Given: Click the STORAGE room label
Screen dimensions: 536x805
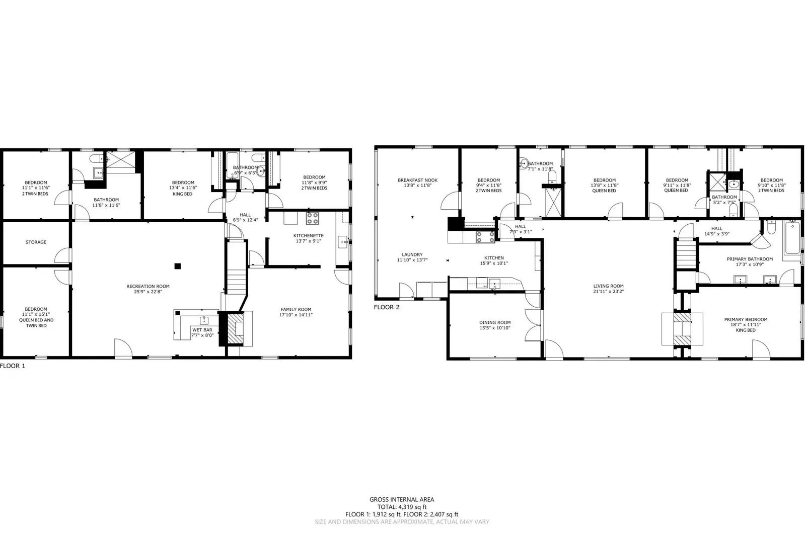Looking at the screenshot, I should (36, 242).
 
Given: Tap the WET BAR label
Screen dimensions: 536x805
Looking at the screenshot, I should (202, 330).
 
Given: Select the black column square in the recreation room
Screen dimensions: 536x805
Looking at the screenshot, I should (178, 266).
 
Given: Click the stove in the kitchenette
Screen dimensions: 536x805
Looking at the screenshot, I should (312, 218).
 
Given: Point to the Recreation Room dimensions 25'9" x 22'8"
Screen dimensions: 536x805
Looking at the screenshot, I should (148, 292).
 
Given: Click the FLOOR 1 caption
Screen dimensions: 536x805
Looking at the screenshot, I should (13, 366).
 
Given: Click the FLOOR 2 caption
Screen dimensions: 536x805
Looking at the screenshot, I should (387, 307).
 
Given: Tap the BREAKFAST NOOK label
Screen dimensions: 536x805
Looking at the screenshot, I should (417, 180).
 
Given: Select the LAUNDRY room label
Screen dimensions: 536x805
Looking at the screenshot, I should (412, 254).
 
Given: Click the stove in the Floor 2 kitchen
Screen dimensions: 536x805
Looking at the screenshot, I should (485, 237).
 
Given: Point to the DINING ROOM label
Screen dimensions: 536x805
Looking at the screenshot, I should (495, 323).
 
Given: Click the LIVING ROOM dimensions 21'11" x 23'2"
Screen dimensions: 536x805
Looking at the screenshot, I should (608, 292).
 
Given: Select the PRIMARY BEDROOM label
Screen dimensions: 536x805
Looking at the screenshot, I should (746, 320).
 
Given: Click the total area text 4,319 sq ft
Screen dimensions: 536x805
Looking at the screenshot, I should (412, 507).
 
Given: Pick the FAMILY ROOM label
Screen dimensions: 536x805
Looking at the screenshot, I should (296, 310).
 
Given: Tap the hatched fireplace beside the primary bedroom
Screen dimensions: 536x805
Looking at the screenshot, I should (682, 329).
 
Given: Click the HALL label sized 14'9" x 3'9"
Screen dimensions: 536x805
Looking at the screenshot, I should (716, 229).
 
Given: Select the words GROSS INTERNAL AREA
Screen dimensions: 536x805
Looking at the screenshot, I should (402, 499).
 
